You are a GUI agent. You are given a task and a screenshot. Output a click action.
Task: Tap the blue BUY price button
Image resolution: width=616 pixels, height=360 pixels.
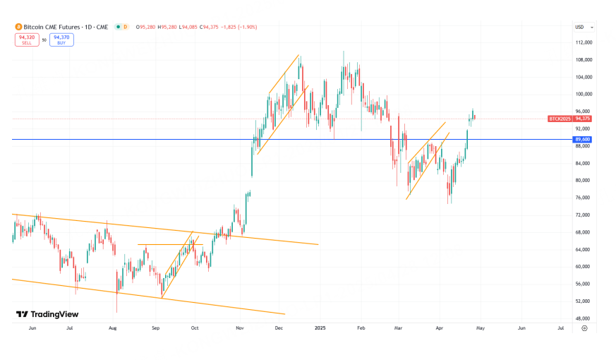point(61,40)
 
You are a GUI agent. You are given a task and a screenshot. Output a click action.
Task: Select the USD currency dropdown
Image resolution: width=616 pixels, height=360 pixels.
point(584,27)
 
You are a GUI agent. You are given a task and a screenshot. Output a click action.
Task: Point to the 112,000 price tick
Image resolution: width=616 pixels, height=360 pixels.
point(583,42)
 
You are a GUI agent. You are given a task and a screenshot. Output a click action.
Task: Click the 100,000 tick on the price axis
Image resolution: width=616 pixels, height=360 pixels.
point(583,94)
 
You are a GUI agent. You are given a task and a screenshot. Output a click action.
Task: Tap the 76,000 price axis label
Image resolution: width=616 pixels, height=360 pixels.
point(583,198)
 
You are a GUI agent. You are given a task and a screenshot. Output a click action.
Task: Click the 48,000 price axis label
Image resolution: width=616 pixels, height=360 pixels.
point(583,318)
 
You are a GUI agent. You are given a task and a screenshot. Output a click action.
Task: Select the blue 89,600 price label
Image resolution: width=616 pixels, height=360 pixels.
point(583,140)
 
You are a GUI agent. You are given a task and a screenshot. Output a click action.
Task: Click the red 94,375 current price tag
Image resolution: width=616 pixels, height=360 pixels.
point(583,119)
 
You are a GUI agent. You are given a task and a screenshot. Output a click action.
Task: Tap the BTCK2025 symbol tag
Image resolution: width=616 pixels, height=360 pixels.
point(560,119)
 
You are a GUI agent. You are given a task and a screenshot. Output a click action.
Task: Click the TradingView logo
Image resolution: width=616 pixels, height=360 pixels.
point(47,314)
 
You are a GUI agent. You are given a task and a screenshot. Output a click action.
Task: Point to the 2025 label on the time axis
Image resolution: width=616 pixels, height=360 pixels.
point(320,328)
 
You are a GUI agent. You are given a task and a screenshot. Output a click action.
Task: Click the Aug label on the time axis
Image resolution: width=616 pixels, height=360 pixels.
point(112,328)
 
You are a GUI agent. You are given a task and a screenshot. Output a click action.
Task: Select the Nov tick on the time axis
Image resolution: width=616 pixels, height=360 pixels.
point(239,328)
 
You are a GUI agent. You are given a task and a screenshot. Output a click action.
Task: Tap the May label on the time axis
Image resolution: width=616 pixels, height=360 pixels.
point(481,328)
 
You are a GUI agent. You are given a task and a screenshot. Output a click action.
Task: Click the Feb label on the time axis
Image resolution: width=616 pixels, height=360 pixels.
point(361,328)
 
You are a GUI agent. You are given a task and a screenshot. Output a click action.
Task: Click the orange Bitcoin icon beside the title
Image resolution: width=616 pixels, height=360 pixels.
point(18,27)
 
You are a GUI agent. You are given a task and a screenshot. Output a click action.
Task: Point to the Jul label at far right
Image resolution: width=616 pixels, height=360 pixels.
point(560,328)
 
